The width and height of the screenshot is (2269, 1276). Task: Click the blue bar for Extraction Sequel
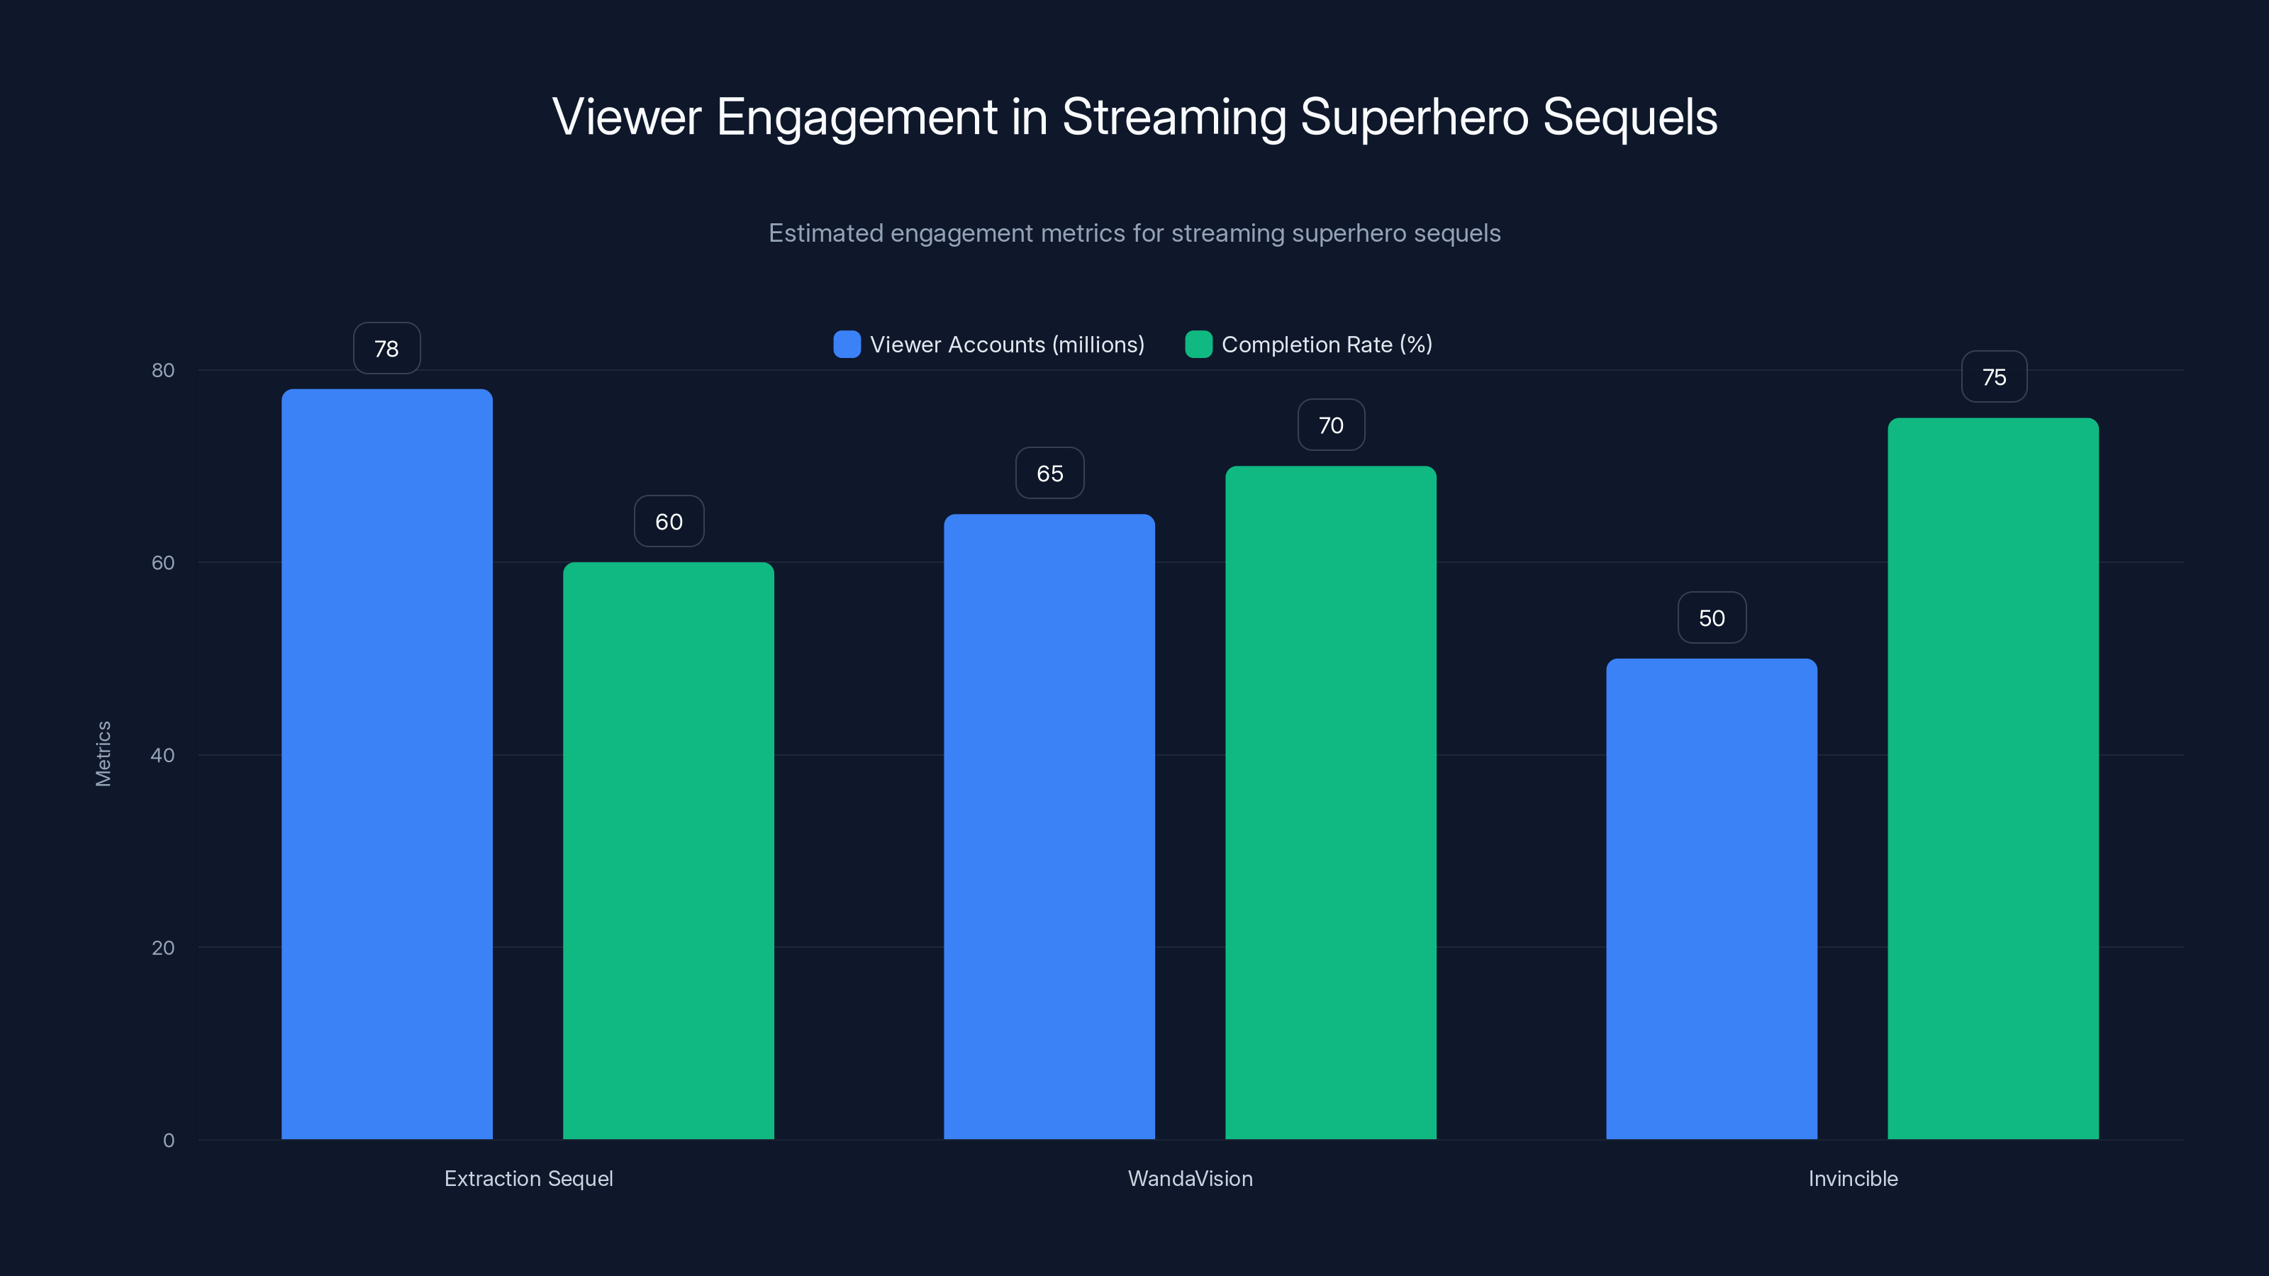pyautogui.click(x=386, y=763)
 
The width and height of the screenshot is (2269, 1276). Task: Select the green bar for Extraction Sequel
pyautogui.click(x=669, y=850)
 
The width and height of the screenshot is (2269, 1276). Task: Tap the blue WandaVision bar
pyautogui.click(x=1049, y=826)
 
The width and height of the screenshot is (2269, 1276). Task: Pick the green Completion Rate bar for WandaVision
pyautogui.click(x=1330, y=802)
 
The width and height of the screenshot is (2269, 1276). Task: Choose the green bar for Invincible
pyautogui.click(x=1992, y=778)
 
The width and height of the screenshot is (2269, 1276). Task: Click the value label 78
pyautogui.click(x=386, y=349)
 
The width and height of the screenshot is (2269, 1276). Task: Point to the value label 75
pyautogui.click(x=1993, y=377)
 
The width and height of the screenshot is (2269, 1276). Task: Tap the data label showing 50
pyautogui.click(x=1712, y=618)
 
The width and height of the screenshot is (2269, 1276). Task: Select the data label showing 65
pyautogui.click(x=1049, y=474)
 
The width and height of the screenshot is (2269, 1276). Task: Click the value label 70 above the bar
pyautogui.click(x=1330, y=425)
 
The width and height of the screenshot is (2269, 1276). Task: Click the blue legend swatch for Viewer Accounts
pyautogui.click(x=847, y=345)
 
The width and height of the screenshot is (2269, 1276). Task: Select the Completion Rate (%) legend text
pyautogui.click(x=1326, y=345)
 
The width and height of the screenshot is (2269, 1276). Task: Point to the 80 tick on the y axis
pyautogui.click(x=163, y=370)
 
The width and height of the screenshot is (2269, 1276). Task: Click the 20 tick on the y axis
pyautogui.click(x=163, y=948)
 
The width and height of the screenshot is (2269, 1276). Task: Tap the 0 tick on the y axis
pyautogui.click(x=168, y=1141)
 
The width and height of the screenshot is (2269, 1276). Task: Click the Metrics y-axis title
pyautogui.click(x=103, y=754)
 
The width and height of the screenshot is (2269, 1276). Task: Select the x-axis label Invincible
pyautogui.click(x=1852, y=1178)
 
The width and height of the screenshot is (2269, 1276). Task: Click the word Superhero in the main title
pyautogui.click(x=1414, y=117)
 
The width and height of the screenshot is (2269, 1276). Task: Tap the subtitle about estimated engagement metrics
pyautogui.click(x=1134, y=233)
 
